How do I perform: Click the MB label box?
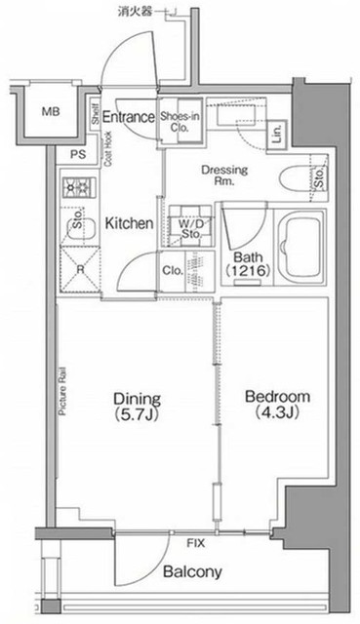pyautogui.click(x=50, y=113)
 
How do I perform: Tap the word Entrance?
pyautogui.click(x=129, y=118)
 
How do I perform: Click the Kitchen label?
pyautogui.click(x=129, y=223)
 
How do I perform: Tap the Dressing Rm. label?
pyautogui.click(x=224, y=175)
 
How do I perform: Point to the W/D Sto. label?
pyautogui.click(x=189, y=228)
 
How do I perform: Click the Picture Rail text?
pyautogui.click(x=61, y=390)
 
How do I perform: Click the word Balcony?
pyautogui.click(x=193, y=571)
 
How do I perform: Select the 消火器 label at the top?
pyautogui.click(x=135, y=11)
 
